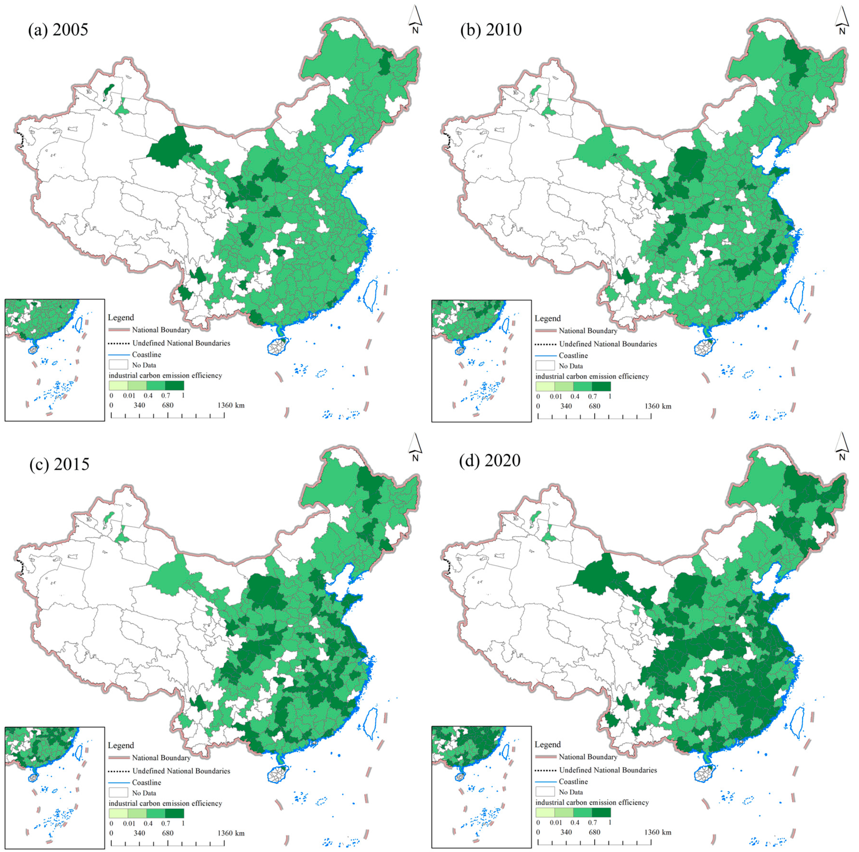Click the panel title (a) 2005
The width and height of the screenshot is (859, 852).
58,30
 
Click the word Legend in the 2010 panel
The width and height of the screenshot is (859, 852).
547,318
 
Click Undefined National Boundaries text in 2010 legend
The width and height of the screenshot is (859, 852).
608,344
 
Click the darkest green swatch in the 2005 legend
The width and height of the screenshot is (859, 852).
174,386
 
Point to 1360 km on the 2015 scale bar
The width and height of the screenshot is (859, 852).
231,833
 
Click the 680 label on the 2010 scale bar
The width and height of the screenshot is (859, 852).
594,406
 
